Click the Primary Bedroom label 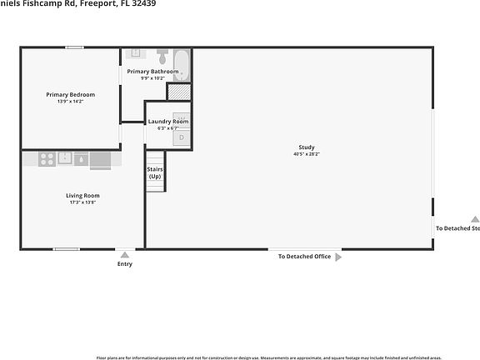pos(70,95)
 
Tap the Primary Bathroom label pos(152,72)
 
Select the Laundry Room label pos(168,122)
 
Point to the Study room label pos(307,147)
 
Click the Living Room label pos(82,195)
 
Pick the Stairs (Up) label pos(155,172)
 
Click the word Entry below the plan pos(124,264)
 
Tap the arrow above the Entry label pos(124,254)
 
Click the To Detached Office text pos(304,257)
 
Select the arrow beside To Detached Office pos(338,257)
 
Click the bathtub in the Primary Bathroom pos(182,62)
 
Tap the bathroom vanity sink pos(137,53)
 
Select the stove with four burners pos(47,158)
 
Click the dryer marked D pos(182,137)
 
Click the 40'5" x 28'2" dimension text pos(307,154)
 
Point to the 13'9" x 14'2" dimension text pos(70,102)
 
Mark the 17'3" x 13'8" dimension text pos(82,202)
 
